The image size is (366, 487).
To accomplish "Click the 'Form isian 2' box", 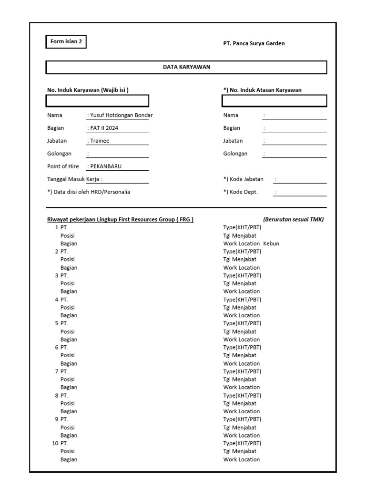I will pyautogui.click(x=66, y=42).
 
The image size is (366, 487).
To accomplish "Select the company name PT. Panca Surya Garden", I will pyautogui.click(x=254, y=43).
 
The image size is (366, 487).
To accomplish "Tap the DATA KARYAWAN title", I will pyautogui.click(x=186, y=67).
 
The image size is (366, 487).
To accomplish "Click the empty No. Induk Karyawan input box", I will pyautogui.click(x=98, y=101).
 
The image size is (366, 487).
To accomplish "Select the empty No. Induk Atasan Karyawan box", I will pyautogui.click(x=274, y=101).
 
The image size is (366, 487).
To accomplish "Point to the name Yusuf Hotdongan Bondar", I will pyautogui.click(x=120, y=115).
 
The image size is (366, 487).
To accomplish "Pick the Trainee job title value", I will pyautogui.click(x=100, y=141).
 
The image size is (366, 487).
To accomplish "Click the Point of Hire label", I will pyautogui.click(x=63, y=166).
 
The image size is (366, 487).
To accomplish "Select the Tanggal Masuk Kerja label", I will pyautogui.click(x=74, y=179).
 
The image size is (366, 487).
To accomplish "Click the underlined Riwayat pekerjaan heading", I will pyautogui.click(x=120, y=219).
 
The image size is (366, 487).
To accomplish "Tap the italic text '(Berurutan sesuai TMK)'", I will pyautogui.click(x=293, y=219).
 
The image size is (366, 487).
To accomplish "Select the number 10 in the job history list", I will pyautogui.click(x=55, y=443).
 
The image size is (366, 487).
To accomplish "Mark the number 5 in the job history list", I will pyautogui.click(x=56, y=323).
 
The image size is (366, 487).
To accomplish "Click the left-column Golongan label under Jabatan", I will pyautogui.click(x=59, y=154).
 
